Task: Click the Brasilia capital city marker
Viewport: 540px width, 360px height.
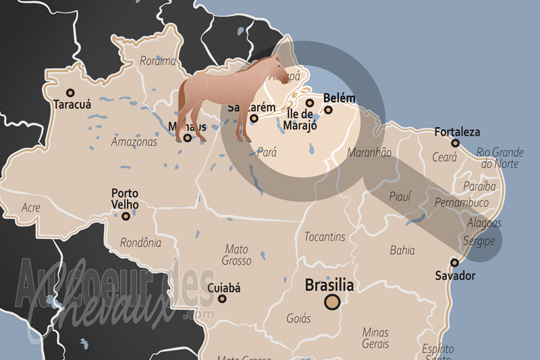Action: [331, 302]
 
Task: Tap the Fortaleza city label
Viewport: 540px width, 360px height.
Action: [457, 132]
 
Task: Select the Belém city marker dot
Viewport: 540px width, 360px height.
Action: [329, 110]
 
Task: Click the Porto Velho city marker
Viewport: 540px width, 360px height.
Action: [126, 216]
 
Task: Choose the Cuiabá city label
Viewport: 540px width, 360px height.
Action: [223, 288]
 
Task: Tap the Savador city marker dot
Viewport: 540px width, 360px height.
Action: [455, 263]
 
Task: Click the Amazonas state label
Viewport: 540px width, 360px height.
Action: [134, 142]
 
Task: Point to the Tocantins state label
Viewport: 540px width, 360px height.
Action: [325, 237]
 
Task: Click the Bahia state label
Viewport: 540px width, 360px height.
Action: [402, 250]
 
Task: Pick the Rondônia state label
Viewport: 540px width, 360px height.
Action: [140, 242]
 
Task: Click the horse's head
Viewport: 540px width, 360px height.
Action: [283, 70]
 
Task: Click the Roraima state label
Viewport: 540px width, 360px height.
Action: [157, 61]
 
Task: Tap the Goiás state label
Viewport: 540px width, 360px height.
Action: [298, 318]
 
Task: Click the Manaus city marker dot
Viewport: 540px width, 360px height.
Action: [188, 138]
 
